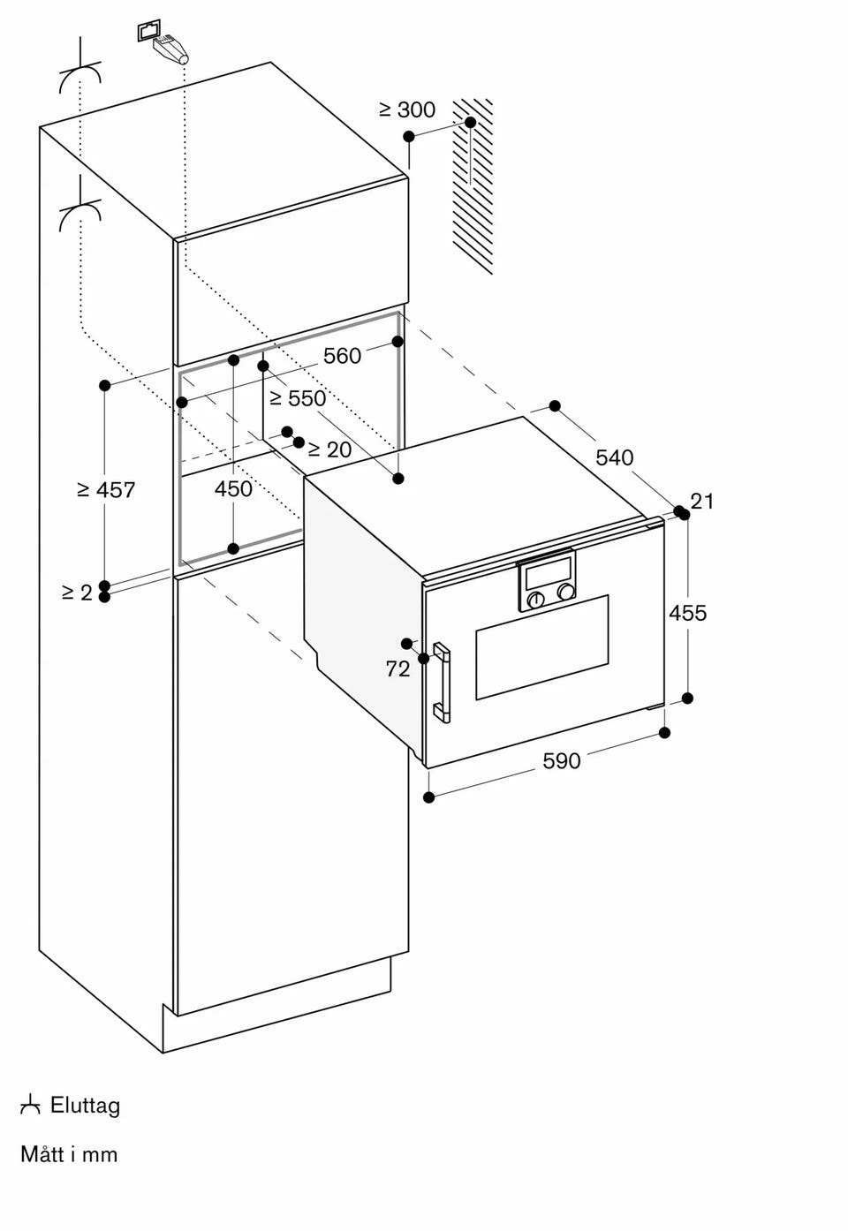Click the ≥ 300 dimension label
point(407,110)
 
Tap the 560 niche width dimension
point(342,356)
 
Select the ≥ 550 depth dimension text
point(298,398)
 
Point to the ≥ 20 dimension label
point(329,449)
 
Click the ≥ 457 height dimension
point(106,489)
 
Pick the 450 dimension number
point(233,488)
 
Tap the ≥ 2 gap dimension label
point(77,593)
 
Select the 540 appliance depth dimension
point(615,457)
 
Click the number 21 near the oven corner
point(702,502)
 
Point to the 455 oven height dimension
point(687,613)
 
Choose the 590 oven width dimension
point(561,761)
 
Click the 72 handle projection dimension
point(397,669)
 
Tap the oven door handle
point(442,682)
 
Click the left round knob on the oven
point(535,600)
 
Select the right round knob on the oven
point(565,592)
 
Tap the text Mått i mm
point(69,1154)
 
